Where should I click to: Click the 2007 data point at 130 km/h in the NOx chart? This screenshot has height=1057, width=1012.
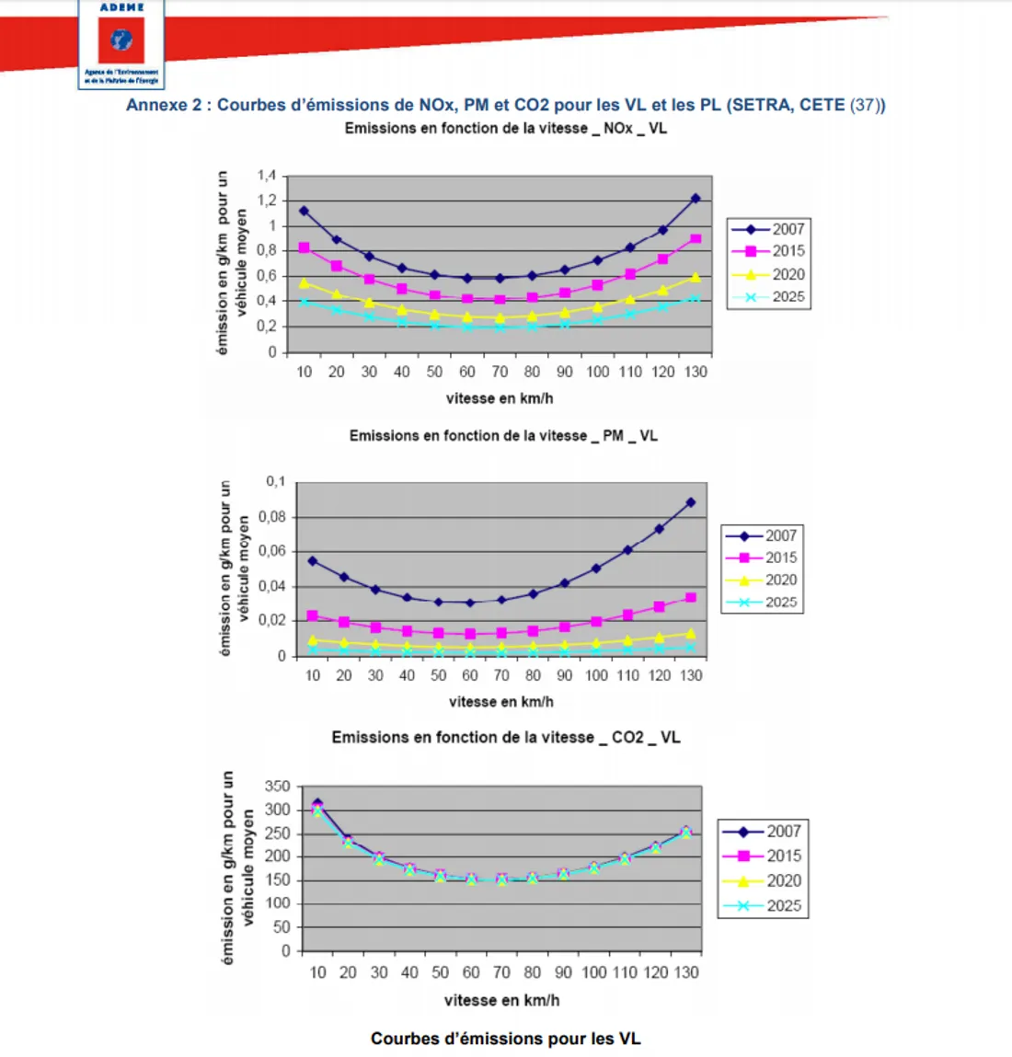click(x=696, y=199)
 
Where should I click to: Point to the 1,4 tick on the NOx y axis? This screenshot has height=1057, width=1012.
click(x=267, y=176)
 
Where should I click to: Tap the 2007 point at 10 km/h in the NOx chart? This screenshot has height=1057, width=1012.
click(x=304, y=211)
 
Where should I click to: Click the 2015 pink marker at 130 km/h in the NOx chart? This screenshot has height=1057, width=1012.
click(x=696, y=239)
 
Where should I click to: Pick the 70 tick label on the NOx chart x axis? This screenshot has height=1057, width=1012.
click(x=500, y=372)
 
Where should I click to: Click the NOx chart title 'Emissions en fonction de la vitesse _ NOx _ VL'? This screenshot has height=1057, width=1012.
click(x=505, y=129)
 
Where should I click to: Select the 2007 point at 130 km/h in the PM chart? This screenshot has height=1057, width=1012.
click(x=691, y=502)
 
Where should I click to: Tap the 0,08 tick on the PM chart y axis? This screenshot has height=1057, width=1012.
click(x=272, y=517)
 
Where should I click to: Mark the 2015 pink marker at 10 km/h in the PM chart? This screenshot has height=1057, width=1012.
click(x=313, y=615)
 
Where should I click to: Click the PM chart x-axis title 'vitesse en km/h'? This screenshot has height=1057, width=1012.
click(x=501, y=702)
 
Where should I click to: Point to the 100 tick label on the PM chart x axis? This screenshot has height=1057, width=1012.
click(x=596, y=675)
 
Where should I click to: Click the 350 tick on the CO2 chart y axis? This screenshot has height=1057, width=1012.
click(x=277, y=787)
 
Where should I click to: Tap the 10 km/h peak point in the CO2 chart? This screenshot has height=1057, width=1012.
click(x=317, y=805)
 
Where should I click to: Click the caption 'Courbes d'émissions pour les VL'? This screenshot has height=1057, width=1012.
click(x=505, y=1039)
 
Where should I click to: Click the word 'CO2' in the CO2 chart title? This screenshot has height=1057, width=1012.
click(x=628, y=738)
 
